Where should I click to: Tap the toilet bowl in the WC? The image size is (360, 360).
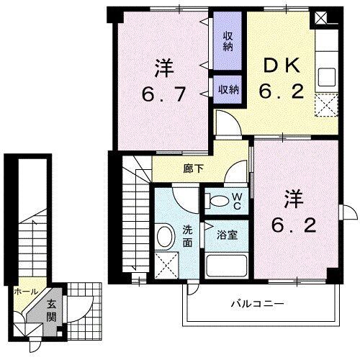pyautogui.click(x=216, y=199)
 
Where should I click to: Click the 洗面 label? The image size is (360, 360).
pyautogui.click(x=186, y=237)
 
